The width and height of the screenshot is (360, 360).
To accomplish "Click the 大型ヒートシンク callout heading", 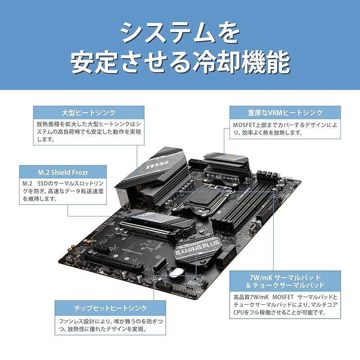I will point(89,112).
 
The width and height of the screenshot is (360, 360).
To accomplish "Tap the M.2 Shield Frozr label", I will point(63,171).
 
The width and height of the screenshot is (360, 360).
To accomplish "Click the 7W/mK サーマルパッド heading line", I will point(283,277).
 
